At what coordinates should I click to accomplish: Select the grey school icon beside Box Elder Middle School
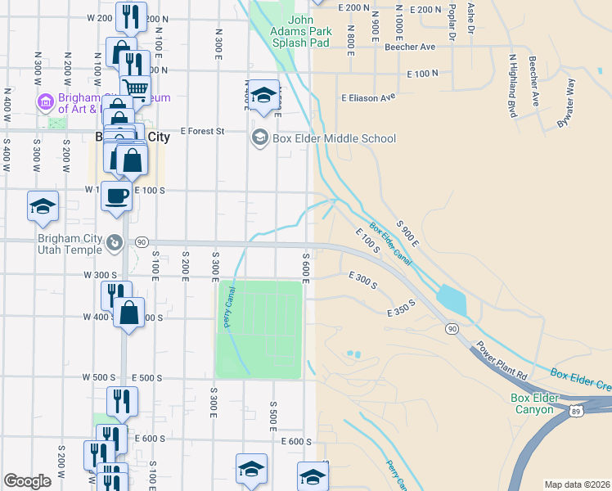pos(260,137)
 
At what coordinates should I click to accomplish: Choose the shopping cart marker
pos(135,88)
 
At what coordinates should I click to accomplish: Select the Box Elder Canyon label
pos(535,404)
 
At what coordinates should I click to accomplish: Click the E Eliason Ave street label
pos(368,97)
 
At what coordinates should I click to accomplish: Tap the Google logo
pos(27,481)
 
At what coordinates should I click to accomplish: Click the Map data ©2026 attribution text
pos(576,484)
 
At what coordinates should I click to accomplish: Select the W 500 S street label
pos(97,377)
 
